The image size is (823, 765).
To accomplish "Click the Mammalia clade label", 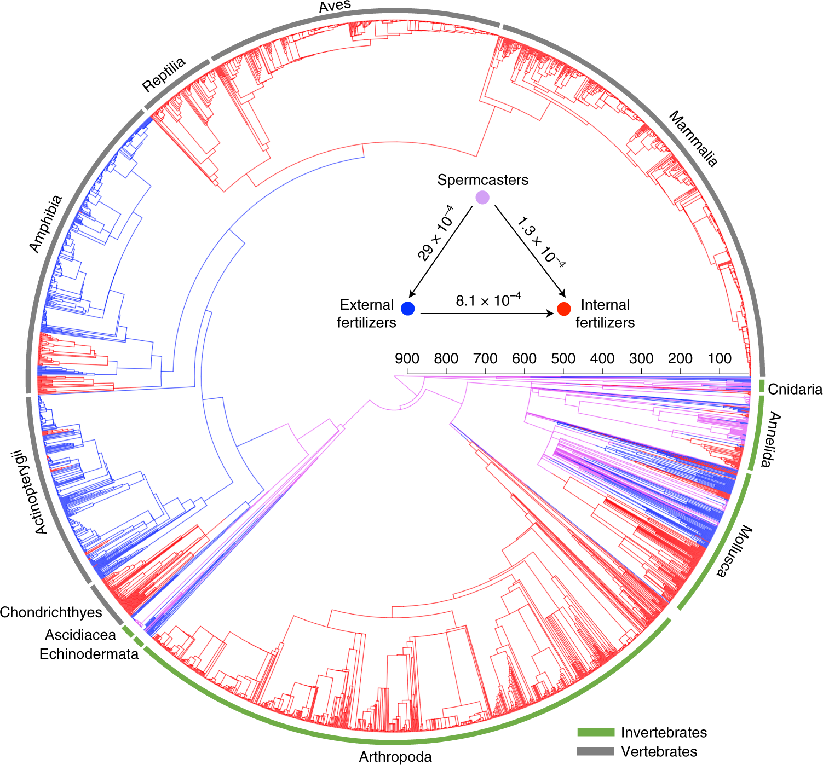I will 693,139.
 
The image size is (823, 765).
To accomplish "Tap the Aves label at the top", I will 335,7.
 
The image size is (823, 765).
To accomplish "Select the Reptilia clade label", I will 164,75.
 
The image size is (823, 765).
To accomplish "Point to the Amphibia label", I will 45,224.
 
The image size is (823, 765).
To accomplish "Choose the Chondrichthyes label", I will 51,612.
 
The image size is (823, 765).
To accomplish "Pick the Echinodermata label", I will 89,654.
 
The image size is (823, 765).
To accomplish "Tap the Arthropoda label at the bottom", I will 395,757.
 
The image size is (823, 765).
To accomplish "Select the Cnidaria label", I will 795,389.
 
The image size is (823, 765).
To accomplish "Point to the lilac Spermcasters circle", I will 482,198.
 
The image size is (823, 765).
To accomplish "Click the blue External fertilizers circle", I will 408,309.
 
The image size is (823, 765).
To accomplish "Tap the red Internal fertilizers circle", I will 563,309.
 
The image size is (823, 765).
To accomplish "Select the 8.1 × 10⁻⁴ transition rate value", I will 488,300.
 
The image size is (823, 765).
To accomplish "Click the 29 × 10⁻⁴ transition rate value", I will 435,234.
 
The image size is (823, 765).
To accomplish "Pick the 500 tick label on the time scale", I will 563,359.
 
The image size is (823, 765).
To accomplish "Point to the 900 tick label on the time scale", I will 407,359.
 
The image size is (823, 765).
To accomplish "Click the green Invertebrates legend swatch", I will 596,732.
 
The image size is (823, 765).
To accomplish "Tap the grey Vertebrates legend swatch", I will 596,751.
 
